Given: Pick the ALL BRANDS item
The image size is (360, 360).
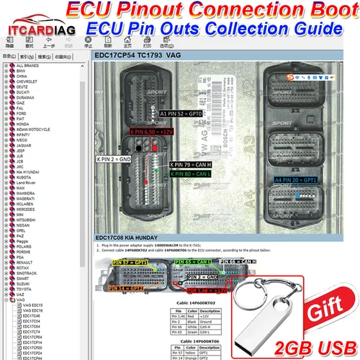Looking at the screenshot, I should pos(28,65).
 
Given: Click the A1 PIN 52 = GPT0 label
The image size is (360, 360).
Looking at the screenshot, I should pos(184,114).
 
